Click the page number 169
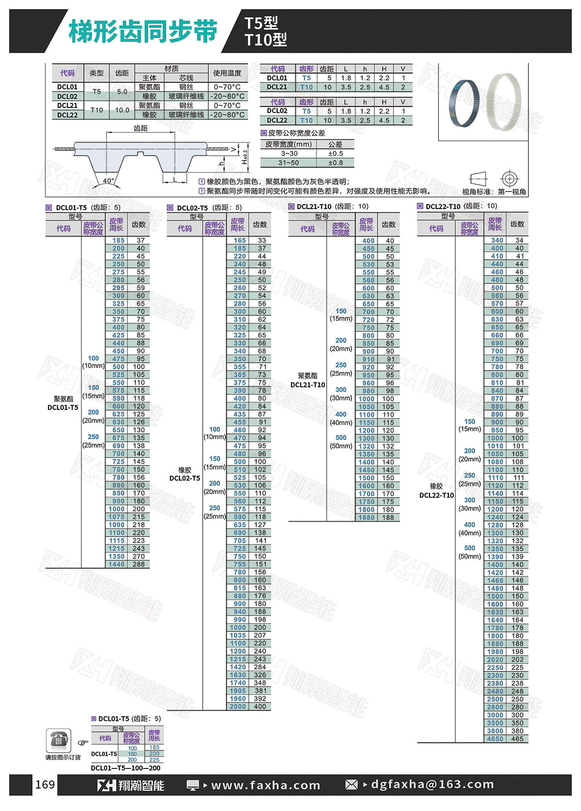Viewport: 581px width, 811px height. click(45, 784)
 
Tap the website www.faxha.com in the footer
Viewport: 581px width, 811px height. click(266, 785)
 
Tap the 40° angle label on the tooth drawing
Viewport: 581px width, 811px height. click(108, 180)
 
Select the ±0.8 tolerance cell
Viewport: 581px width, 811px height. click(335, 163)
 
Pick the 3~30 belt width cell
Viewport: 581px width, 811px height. click(289, 153)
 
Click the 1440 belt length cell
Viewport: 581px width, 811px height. click(116, 564)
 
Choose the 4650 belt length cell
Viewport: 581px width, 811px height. click(495, 739)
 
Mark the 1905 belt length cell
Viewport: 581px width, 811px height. click(238, 691)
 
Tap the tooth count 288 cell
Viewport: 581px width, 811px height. click(138, 564)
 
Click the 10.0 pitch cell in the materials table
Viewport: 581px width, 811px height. click(122, 110)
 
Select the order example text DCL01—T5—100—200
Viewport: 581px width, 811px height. click(125, 768)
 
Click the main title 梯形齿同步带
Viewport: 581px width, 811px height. click(143, 31)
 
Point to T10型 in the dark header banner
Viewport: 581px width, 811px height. click(266, 40)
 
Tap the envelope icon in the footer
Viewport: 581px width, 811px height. click(351, 785)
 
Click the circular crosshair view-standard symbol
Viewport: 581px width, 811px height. click(509, 179)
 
